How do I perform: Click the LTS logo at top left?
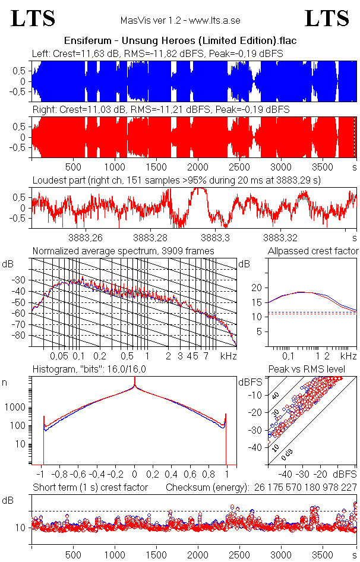point(33,18)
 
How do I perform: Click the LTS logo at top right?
point(327,18)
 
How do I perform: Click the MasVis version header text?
point(180,21)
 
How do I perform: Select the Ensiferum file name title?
point(180,40)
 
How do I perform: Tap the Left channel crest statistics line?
point(157,53)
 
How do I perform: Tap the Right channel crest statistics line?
point(160,110)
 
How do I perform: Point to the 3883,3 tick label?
point(215,238)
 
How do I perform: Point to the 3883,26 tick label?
point(86,238)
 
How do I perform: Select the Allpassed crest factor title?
point(313,251)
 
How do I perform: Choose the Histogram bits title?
point(97,370)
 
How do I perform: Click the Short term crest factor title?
point(90,488)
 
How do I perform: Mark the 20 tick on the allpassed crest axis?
point(257,288)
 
